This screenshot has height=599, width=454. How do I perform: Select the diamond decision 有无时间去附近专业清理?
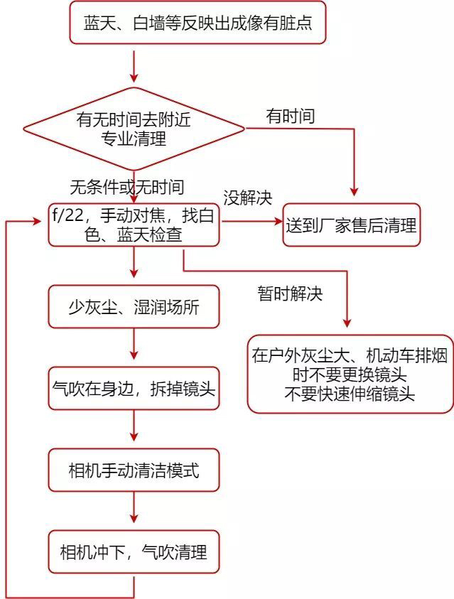point(134,129)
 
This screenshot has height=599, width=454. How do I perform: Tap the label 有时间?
point(290,115)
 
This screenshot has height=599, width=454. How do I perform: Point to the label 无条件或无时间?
point(126,187)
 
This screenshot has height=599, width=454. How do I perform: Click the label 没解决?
point(248,197)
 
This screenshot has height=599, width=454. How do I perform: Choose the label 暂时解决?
point(290,293)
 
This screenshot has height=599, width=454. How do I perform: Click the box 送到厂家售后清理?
point(351,225)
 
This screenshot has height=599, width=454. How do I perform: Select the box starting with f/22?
point(134,225)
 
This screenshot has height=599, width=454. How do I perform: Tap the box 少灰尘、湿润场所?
point(134,308)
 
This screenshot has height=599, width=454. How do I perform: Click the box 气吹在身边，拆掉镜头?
point(134,389)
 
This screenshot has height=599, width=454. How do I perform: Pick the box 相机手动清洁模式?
point(134,470)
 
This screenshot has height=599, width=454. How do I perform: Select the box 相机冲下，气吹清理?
point(134,551)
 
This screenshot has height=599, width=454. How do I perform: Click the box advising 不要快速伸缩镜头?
point(350,374)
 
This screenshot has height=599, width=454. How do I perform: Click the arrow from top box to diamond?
point(134,65)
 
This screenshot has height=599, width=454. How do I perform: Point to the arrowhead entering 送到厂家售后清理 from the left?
point(277,222)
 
